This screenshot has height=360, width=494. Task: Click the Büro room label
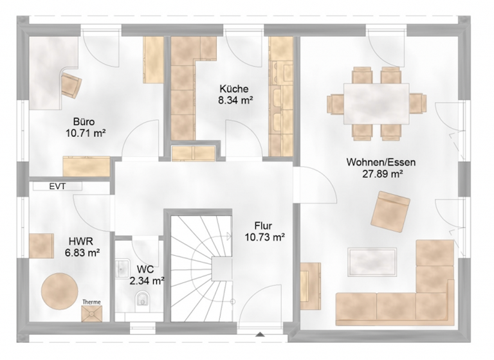(x=85, y=120)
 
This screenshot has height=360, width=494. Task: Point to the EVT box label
(x=57, y=187)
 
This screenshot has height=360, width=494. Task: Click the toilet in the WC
(x=143, y=298)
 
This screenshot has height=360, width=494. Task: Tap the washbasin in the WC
(x=122, y=268)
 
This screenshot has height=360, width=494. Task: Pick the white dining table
(x=376, y=103)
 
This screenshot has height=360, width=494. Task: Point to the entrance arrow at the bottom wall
(x=260, y=335)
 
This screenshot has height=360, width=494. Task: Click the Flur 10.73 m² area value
(x=263, y=237)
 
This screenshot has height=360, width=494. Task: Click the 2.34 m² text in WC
(x=147, y=280)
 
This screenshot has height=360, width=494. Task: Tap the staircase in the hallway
(x=200, y=267)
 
